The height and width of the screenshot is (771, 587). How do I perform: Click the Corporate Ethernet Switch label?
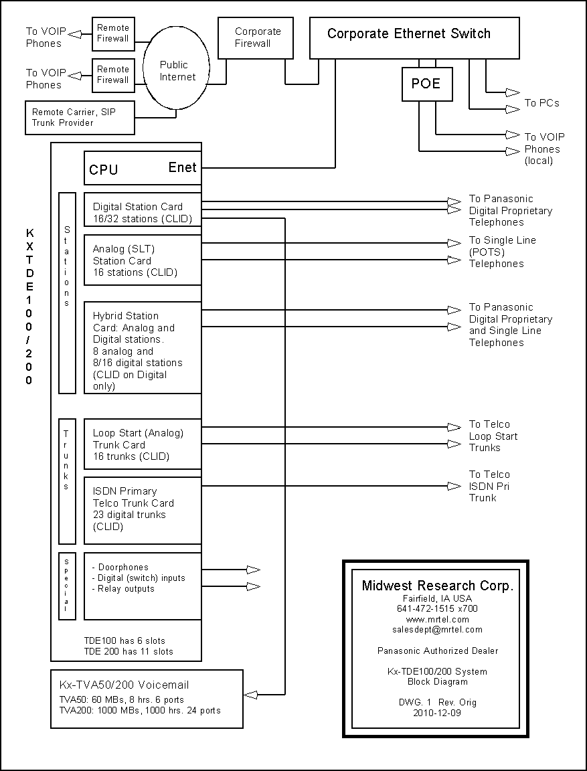(409, 34)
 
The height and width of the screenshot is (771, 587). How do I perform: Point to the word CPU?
(104, 169)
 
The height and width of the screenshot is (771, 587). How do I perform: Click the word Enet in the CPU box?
(183, 168)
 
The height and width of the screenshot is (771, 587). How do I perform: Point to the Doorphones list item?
(120, 568)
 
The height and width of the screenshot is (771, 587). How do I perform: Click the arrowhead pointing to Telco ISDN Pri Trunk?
(454, 487)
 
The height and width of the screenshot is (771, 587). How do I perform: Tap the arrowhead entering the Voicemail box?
(251, 695)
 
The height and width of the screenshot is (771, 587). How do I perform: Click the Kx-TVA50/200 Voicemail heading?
(124, 685)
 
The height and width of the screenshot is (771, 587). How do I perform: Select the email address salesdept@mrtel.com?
(437, 629)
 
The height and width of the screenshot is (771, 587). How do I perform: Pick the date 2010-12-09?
(437, 713)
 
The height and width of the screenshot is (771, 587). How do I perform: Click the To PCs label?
(541, 103)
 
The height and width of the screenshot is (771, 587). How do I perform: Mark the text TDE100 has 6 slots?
(124, 640)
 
